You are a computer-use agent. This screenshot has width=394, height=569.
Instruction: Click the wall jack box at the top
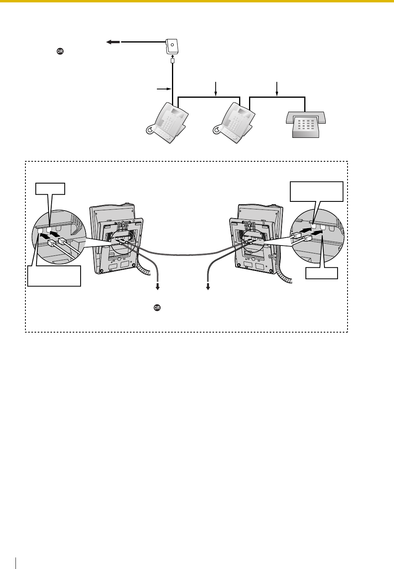click(x=172, y=46)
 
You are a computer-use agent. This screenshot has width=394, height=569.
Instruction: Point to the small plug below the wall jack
click(x=172, y=62)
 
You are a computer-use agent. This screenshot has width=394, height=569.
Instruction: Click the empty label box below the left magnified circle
click(x=54, y=276)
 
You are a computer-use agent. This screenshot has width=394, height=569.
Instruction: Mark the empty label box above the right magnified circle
click(x=317, y=192)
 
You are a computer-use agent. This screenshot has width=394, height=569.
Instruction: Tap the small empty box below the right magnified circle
click(x=322, y=273)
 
